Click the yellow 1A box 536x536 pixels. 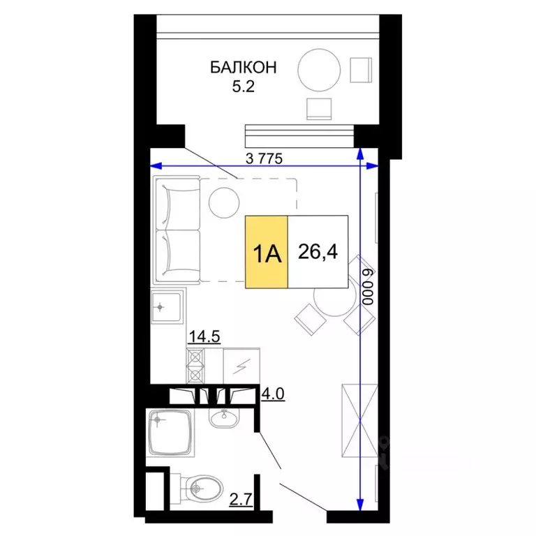click(x=266, y=252)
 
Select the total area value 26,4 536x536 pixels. click(x=318, y=251)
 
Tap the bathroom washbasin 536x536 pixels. click(x=224, y=419)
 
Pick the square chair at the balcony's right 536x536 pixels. click(x=362, y=70)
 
